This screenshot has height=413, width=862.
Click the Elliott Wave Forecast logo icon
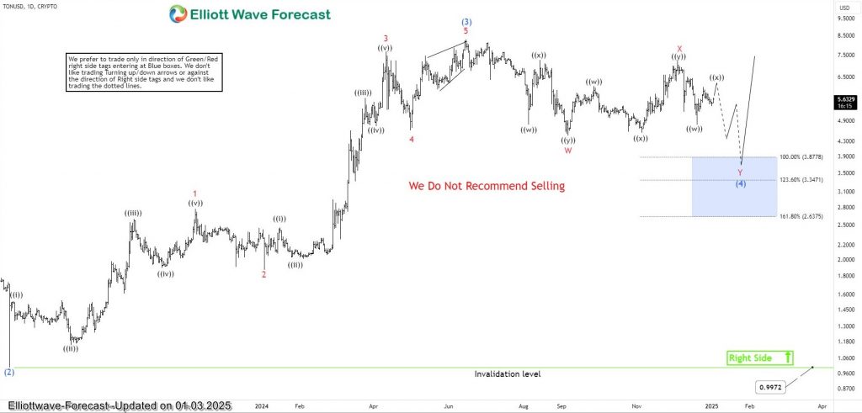[178, 13]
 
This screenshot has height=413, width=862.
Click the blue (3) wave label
[466, 21]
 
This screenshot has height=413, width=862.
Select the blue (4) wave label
[740, 183]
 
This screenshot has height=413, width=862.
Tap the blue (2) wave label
[8, 371]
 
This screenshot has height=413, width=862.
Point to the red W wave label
[568, 151]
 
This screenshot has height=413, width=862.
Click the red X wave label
[678, 48]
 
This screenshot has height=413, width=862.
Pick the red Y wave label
[740, 172]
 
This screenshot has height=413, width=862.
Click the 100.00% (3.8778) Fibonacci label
[801, 156]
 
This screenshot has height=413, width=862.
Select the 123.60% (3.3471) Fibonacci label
[801, 180]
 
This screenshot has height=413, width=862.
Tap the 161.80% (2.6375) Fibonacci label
[801, 216]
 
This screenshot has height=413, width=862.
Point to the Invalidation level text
[507, 373]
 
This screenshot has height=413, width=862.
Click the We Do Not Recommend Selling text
[487, 186]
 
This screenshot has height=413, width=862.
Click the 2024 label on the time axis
[261, 405]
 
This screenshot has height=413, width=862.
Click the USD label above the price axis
[845, 8]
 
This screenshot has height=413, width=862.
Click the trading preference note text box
[143, 72]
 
